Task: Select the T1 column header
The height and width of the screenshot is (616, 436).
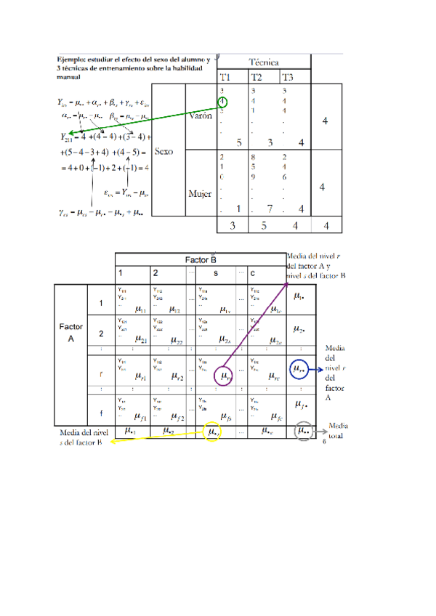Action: click(x=226, y=78)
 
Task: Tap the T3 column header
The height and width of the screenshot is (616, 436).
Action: click(x=288, y=78)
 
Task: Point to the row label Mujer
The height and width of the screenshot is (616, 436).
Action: click(x=200, y=194)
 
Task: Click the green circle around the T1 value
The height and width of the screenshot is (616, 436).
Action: click(x=222, y=102)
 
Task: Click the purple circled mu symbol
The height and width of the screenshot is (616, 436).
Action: click(x=225, y=376)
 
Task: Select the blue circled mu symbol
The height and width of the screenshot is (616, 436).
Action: click(x=299, y=370)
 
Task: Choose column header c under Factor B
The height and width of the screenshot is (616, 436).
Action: click(x=251, y=273)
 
